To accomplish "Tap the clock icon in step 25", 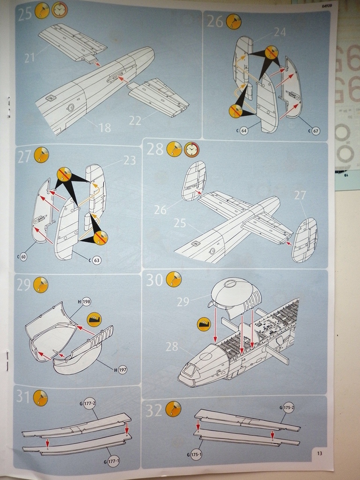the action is click(59, 10).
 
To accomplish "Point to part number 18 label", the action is click(105, 127).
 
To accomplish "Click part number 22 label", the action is click(135, 120).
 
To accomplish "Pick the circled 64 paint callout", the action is click(244, 130).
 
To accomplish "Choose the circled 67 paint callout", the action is click(315, 131).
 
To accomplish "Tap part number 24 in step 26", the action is click(280, 32).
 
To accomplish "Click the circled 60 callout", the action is click(23, 257).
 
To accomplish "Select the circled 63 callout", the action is click(97, 260).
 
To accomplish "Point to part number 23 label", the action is click(129, 160).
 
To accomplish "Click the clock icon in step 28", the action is click(191, 150).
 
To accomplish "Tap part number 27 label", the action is click(300, 195).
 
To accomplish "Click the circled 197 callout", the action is click(122, 370).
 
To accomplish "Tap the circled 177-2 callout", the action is click(90, 403).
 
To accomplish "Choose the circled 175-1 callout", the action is click(196, 455).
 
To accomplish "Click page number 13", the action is click(319, 453).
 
